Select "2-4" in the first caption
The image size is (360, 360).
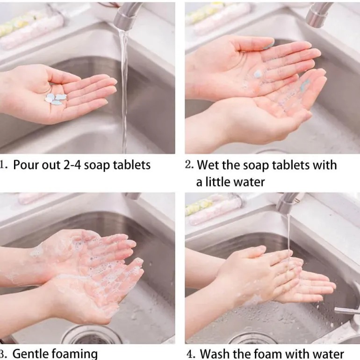[x=72, y=165]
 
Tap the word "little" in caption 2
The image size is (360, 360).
[x=218, y=182]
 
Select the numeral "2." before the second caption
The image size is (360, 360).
[x=189, y=165]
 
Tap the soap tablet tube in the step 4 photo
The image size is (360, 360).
[x=215, y=209]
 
